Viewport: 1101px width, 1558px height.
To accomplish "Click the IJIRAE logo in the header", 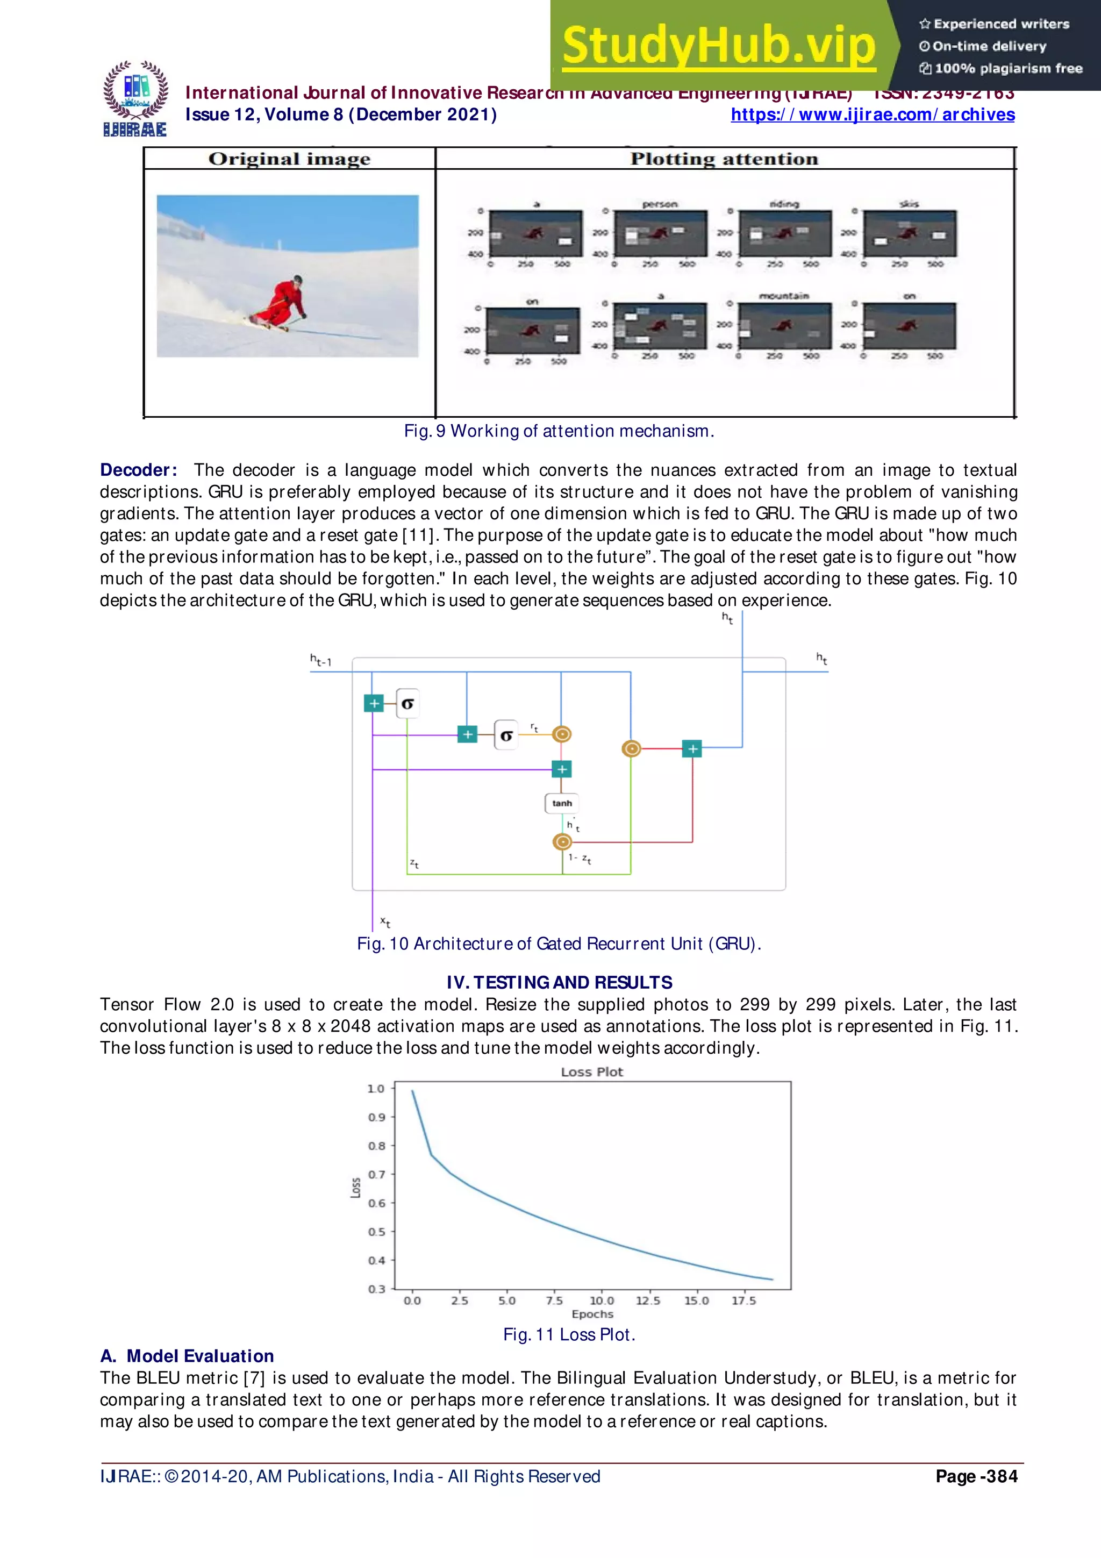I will (x=135, y=99).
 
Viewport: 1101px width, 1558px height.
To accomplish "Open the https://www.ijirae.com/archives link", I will (x=873, y=115).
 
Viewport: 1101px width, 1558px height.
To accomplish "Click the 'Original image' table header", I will (x=289, y=159).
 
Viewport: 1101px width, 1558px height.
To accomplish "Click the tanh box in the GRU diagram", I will (x=562, y=803).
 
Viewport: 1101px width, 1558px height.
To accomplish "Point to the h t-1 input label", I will (x=321, y=660).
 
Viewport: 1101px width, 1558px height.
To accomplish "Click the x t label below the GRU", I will (x=384, y=921).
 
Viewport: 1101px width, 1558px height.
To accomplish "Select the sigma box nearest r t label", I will (x=506, y=735).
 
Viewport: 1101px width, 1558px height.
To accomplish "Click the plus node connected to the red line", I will (x=692, y=748).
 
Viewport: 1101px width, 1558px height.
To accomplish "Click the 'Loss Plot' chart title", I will (x=591, y=1072).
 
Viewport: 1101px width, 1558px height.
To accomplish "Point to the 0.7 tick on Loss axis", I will (x=376, y=1175).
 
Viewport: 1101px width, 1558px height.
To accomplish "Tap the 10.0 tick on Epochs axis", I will (x=601, y=1301).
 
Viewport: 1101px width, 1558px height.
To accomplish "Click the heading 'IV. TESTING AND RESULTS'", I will (x=559, y=983).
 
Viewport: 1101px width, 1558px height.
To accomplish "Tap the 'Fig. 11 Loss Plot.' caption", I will (x=568, y=1335).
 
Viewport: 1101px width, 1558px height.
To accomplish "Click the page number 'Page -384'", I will (x=976, y=1477).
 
